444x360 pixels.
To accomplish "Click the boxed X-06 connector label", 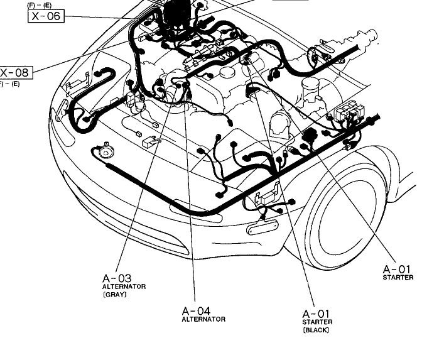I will [46, 15].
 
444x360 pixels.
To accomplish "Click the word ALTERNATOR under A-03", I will [124, 286].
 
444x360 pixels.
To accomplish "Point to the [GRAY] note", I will [114, 294].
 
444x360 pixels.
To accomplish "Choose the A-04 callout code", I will [197, 310].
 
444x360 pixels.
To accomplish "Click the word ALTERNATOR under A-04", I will [203, 319].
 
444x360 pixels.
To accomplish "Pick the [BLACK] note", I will [316, 330].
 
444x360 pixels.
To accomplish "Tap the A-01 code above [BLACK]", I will [317, 314].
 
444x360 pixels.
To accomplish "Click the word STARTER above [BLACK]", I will [317, 322].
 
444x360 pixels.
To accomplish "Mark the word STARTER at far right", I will [398, 278].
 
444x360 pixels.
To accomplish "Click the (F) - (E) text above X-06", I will [39, 5].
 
